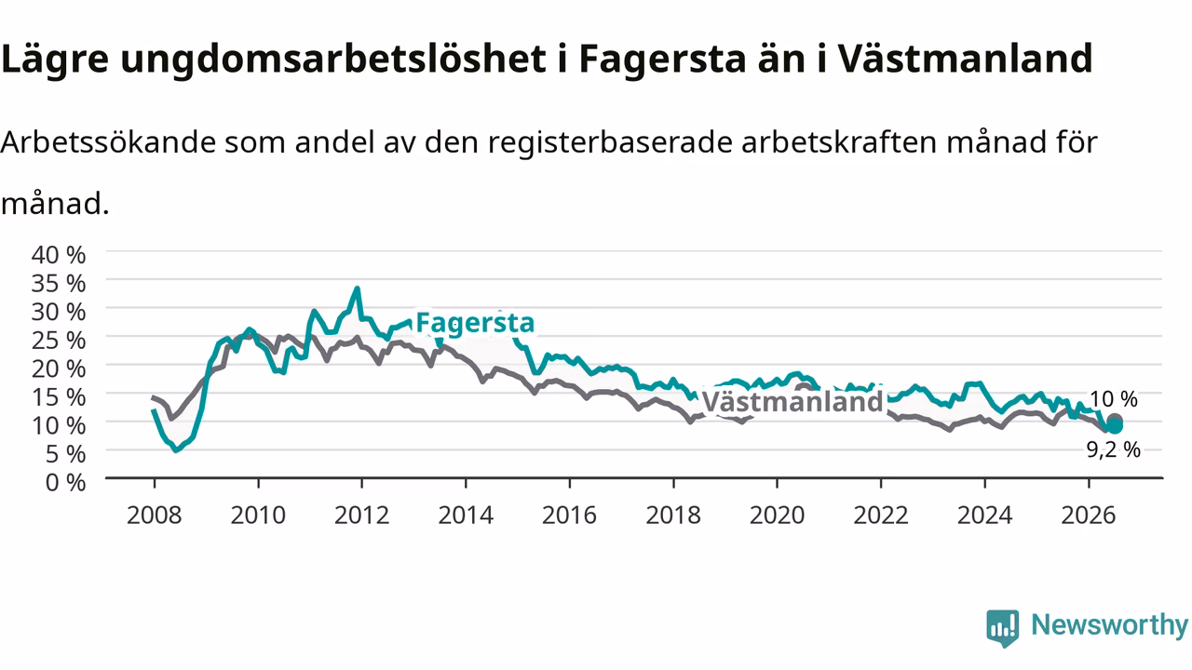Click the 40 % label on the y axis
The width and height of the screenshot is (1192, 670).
click(59, 255)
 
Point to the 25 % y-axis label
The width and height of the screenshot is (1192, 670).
click(59, 341)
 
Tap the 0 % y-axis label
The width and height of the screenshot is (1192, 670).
click(65, 482)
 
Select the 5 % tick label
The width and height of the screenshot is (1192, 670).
click(65, 454)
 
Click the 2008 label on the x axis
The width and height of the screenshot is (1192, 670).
click(155, 516)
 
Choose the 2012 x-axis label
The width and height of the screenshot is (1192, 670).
click(362, 516)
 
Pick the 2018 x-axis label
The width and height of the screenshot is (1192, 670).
click(673, 516)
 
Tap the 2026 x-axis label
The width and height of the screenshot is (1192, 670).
click(1089, 516)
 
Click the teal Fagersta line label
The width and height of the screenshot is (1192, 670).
click(475, 323)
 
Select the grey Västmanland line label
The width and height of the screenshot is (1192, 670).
click(792, 401)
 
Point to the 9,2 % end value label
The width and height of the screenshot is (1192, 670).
click(1113, 449)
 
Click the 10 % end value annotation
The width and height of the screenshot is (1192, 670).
click(1113, 399)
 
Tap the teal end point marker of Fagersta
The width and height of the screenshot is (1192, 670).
click(1114, 425)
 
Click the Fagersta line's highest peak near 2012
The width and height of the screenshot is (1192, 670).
click(358, 288)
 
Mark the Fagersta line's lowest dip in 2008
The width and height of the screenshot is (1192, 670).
click(176, 451)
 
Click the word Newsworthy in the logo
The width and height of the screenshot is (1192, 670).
click(1109, 624)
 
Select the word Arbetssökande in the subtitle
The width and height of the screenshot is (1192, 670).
click(108, 142)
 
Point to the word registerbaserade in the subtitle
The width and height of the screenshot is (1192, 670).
click(610, 143)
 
